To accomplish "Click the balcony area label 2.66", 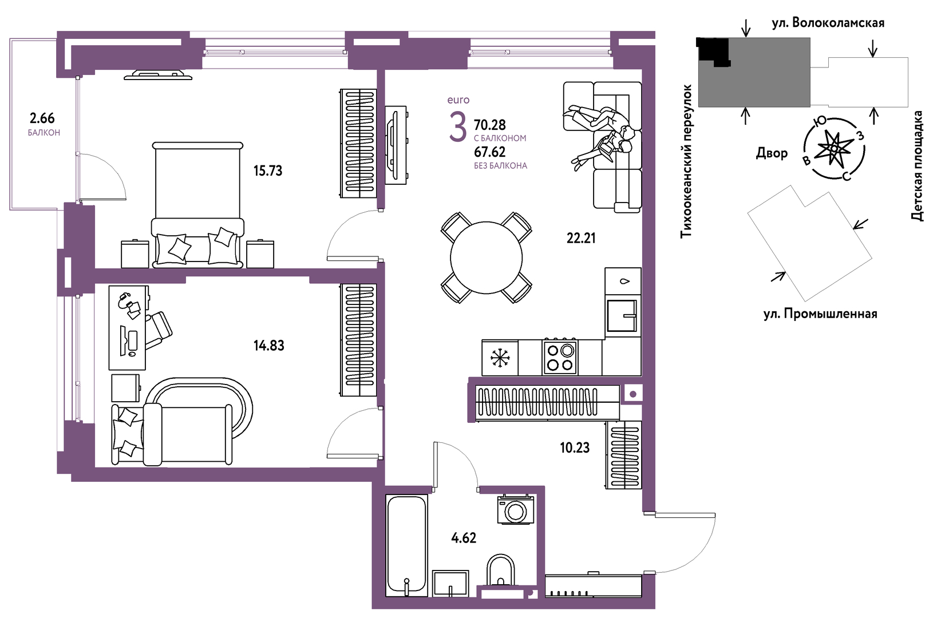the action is tap(42, 118).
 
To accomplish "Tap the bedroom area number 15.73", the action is tap(268, 171).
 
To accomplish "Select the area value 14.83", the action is tap(269, 346).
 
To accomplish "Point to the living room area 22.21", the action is tap(581, 239).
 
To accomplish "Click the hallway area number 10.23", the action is tap(575, 448).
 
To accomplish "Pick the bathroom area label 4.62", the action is tap(464, 538).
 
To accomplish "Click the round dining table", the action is tap(486, 257).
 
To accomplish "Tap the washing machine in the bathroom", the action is tap(515, 510).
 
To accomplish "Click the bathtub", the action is tap(406, 545).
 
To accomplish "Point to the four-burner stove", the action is tap(560, 357).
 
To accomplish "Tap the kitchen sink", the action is tap(622, 316).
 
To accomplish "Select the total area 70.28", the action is tap(489, 125).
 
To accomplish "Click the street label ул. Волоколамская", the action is tap(828, 23).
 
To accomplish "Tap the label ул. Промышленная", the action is tap(820, 314).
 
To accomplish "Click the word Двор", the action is tap(772, 153).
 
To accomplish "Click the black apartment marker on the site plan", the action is tap(713, 51).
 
